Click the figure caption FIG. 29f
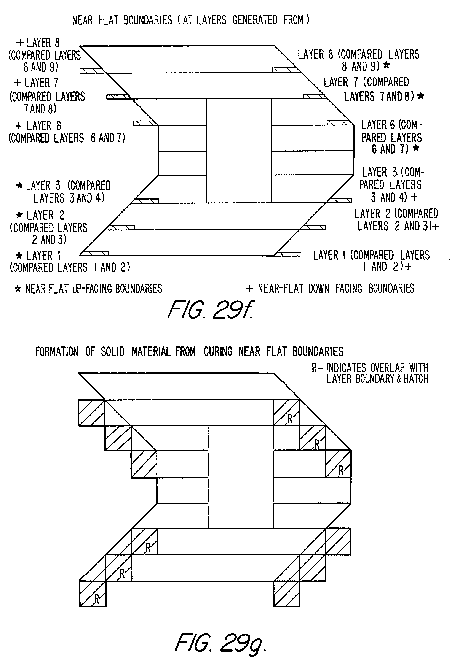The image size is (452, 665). pyautogui.click(x=211, y=310)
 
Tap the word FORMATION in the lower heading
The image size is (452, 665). pyautogui.click(x=57, y=351)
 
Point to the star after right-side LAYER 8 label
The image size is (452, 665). pyautogui.click(x=387, y=65)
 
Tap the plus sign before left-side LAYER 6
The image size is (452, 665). pyautogui.click(x=19, y=126)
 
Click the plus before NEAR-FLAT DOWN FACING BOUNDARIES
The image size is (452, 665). pyautogui.click(x=250, y=288)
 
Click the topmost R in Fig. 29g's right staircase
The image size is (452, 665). pyautogui.click(x=290, y=419)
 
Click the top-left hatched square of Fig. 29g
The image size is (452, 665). pyautogui.click(x=91, y=412)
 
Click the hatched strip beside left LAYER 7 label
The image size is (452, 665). pyautogui.click(x=119, y=97)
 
